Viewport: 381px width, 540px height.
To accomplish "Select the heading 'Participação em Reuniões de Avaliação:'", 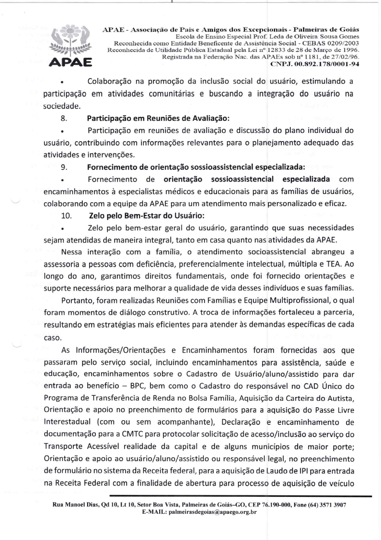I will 158,118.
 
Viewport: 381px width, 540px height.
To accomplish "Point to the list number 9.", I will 64,167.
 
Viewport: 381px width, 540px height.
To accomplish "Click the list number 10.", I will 66,216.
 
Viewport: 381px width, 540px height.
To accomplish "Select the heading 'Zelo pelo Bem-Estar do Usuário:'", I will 147,216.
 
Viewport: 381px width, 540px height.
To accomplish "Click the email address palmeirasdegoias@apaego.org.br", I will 213,512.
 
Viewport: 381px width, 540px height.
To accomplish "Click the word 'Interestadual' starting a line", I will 67,422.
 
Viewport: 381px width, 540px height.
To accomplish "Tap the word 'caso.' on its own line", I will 53,338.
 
